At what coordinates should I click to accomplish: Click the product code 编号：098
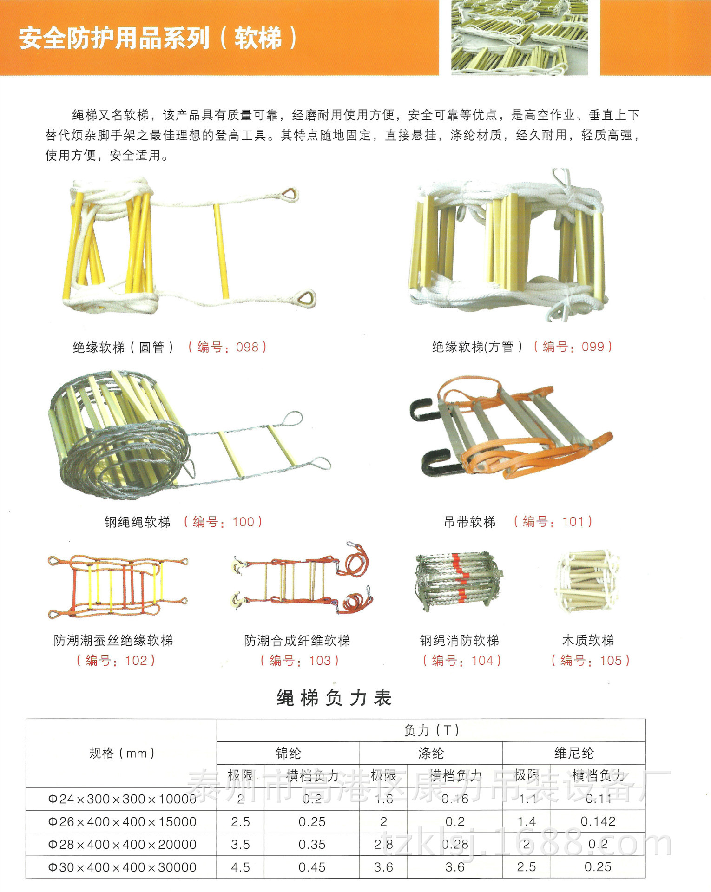227,347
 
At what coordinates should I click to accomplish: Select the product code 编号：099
573,347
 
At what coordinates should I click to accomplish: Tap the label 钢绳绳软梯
138,522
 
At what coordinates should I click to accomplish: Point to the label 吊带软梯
470,522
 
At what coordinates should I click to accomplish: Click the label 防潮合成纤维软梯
297,641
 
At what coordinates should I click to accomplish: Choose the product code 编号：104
462,660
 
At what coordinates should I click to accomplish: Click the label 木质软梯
588,641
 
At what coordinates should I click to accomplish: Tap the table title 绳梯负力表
334,698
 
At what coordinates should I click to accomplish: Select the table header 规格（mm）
122,753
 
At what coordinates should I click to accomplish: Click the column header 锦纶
288,753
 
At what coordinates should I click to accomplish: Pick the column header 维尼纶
574,753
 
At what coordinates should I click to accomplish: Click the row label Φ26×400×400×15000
122,822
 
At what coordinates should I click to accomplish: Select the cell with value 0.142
598,822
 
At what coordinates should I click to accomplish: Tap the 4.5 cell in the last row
241,867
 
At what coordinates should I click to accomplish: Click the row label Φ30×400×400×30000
122,867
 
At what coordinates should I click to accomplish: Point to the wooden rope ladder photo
588,581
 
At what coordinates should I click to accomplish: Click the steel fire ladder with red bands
458,581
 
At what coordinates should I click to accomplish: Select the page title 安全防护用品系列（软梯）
158,38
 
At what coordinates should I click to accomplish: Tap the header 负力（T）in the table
431,730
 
